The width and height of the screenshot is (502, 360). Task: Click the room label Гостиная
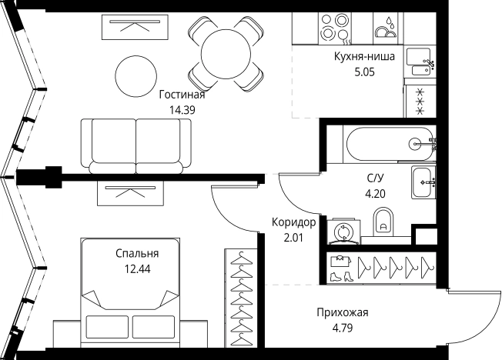[x=182, y=95]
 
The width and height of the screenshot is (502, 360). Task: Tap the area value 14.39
[x=182, y=109]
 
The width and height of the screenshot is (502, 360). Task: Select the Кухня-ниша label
[x=365, y=57]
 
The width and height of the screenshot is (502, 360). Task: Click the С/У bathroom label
[x=376, y=177]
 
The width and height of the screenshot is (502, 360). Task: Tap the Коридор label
[x=293, y=222]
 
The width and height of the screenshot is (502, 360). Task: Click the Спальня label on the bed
[x=137, y=253]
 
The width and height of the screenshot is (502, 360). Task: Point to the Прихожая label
[x=343, y=312]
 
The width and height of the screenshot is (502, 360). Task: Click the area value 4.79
[x=343, y=327]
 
